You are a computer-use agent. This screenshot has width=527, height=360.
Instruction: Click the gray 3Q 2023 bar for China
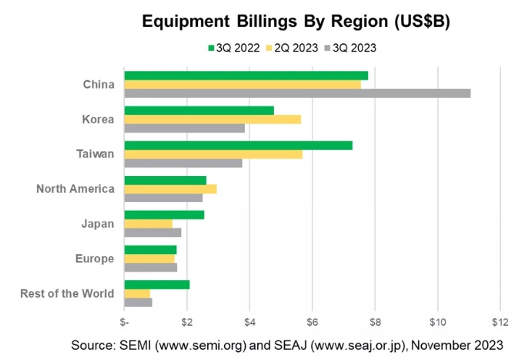(x=297, y=93)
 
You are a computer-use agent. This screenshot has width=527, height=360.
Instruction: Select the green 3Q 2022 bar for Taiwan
(x=238, y=145)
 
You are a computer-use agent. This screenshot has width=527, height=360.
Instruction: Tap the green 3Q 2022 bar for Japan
(x=164, y=214)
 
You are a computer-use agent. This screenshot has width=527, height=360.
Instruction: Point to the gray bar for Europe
(x=151, y=267)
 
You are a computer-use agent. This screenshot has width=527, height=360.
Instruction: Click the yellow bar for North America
(x=170, y=189)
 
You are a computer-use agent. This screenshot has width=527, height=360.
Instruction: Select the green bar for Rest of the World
(x=157, y=284)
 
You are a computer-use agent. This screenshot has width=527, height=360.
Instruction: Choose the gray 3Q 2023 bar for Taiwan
(x=183, y=163)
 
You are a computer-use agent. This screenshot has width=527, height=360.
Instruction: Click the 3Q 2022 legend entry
(x=231, y=48)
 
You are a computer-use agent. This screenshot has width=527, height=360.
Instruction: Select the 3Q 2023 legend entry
(x=350, y=48)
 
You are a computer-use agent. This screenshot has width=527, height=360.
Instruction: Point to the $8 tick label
(x=375, y=321)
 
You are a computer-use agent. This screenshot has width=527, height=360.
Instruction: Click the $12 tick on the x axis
(x=499, y=321)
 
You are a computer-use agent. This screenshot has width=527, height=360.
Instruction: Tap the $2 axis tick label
(x=187, y=321)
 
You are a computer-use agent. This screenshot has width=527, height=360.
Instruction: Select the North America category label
(x=75, y=189)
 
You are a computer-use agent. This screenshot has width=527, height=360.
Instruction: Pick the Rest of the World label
(x=67, y=293)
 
